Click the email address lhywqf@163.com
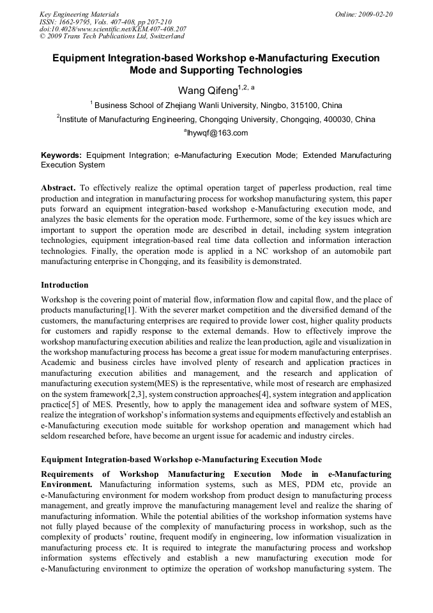217,133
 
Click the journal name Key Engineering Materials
79,14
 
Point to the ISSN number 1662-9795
75,22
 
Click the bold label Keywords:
61,155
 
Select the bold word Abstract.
58,189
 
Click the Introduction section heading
65,284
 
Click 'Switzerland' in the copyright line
164,36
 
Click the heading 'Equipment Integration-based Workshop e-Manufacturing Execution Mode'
181,460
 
